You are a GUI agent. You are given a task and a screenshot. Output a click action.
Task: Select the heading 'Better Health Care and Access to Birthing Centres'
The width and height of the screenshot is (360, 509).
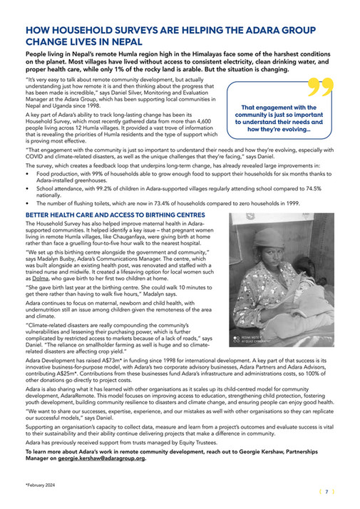pos(104,215)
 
